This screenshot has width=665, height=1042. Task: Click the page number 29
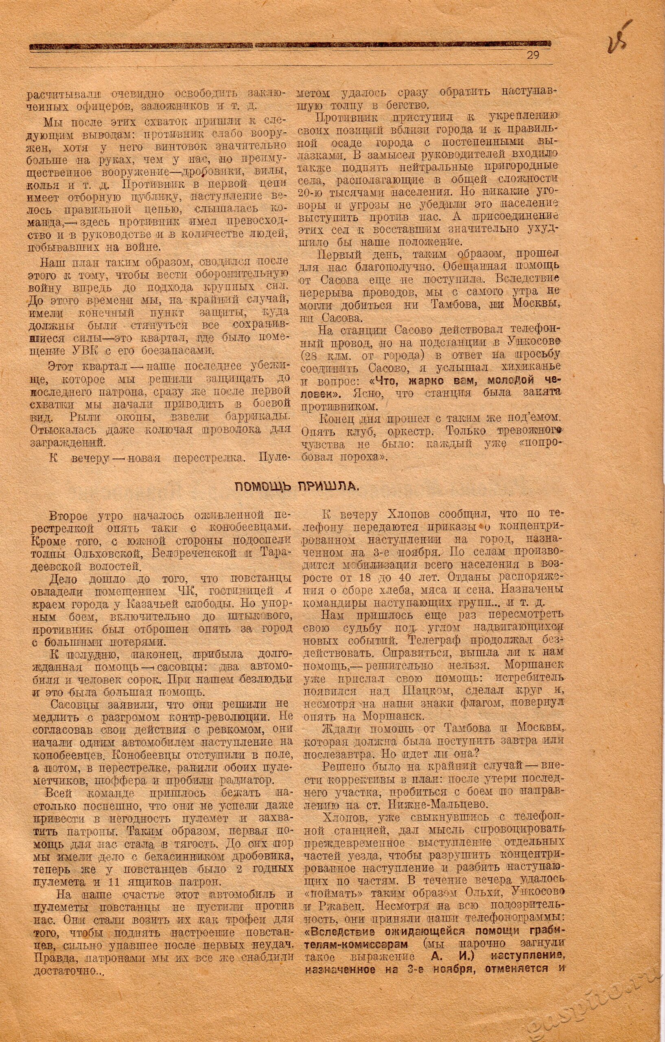[x=532, y=55]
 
